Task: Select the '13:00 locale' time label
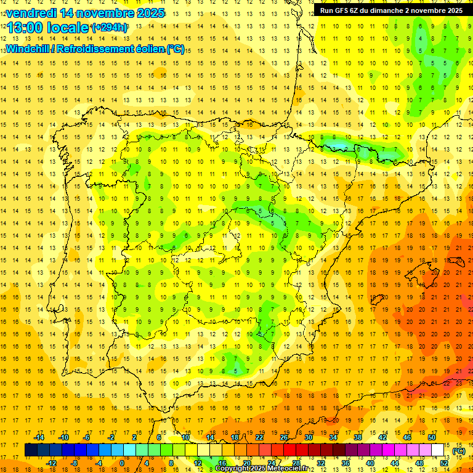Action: [x=48, y=28]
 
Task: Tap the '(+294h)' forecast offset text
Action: [x=110, y=28]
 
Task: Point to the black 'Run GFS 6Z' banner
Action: [x=391, y=10]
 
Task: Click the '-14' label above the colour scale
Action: [x=39, y=437]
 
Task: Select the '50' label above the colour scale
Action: [x=432, y=437]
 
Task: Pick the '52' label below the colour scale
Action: [x=444, y=463]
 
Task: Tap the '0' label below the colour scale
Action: [x=122, y=463]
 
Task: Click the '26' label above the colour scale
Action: [x=284, y=437]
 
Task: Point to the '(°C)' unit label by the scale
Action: [x=459, y=450]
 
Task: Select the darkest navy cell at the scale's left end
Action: [x=31, y=450]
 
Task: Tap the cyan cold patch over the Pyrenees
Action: [x=338, y=145]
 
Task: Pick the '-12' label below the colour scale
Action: [x=51, y=463]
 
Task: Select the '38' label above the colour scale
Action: [x=358, y=437]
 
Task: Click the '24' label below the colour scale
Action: [x=271, y=463]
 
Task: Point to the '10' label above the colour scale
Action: [x=185, y=437]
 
